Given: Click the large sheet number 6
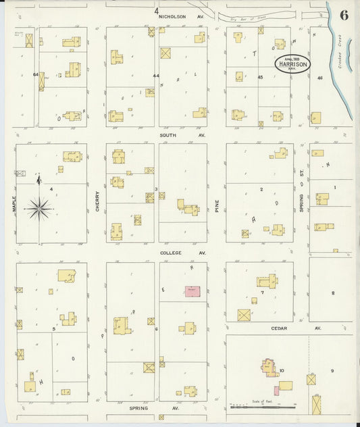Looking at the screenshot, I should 344,16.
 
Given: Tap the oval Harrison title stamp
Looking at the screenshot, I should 292,64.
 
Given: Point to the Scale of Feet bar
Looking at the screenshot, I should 263,407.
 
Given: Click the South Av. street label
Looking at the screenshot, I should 173,135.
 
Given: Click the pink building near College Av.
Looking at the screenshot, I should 192,291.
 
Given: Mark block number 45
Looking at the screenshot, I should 260,77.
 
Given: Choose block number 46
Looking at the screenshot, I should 320,78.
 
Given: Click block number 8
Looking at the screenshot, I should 333,293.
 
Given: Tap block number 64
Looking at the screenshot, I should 35,74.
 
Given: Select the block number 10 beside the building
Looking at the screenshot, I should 281,370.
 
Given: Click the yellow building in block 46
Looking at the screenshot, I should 316,118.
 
